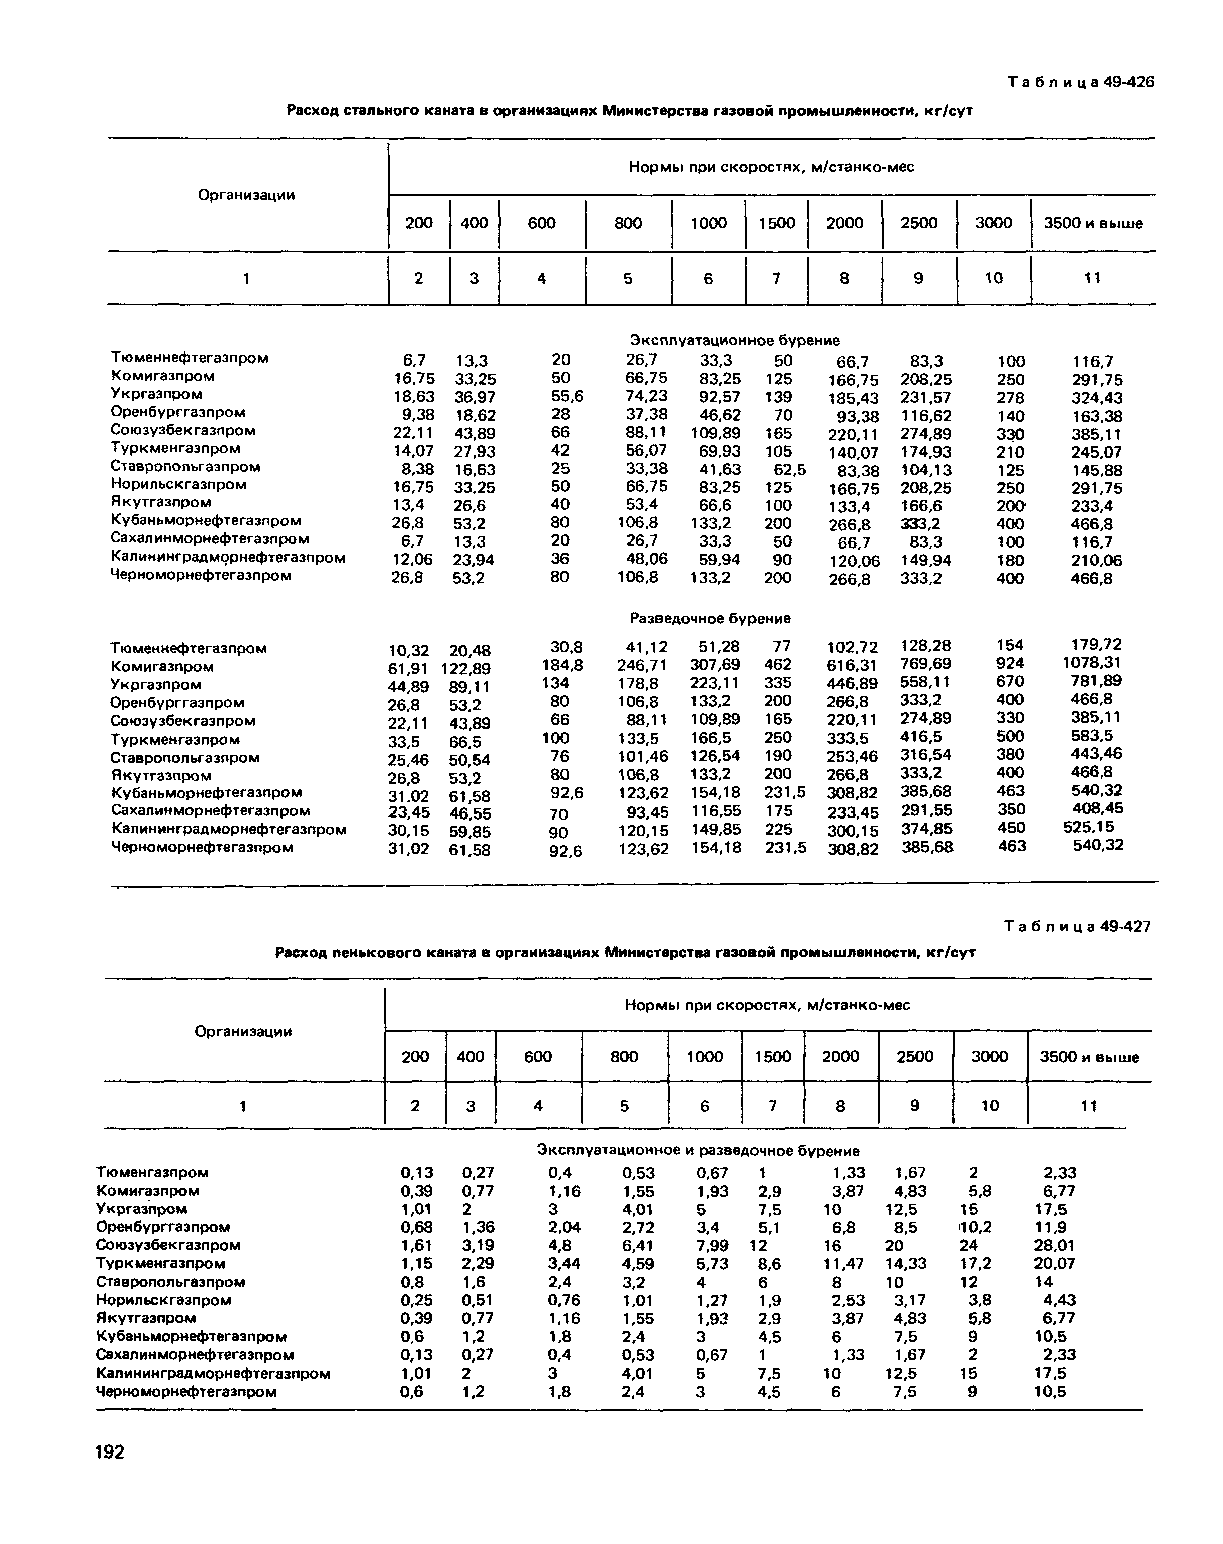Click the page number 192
pyautogui.click(x=110, y=1451)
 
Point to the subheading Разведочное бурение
pyautogui.click(x=710, y=618)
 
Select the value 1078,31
pyautogui.click(x=1091, y=663)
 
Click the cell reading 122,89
pyautogui.click(x=465, y=669)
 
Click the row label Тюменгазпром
pyautogui.click(x=152, y=1172)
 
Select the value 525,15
pyautogui.click(x=1088, y=827)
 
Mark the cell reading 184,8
pyautogui.click(x=563, y=665)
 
